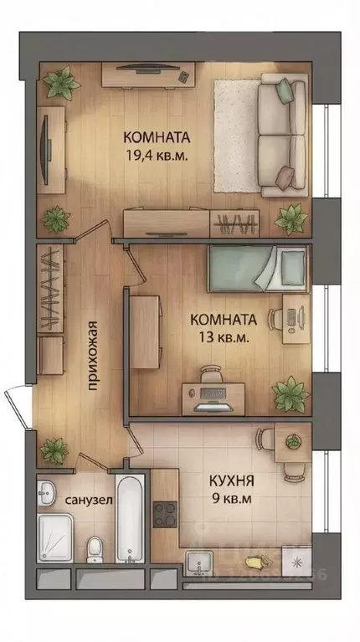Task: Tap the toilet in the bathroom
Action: coord(95,551)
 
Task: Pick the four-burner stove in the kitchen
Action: coord(164,511)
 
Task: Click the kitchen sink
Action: coord(201,562)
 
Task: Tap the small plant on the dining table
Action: coord(293,439)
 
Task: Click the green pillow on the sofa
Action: coord(285,88)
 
